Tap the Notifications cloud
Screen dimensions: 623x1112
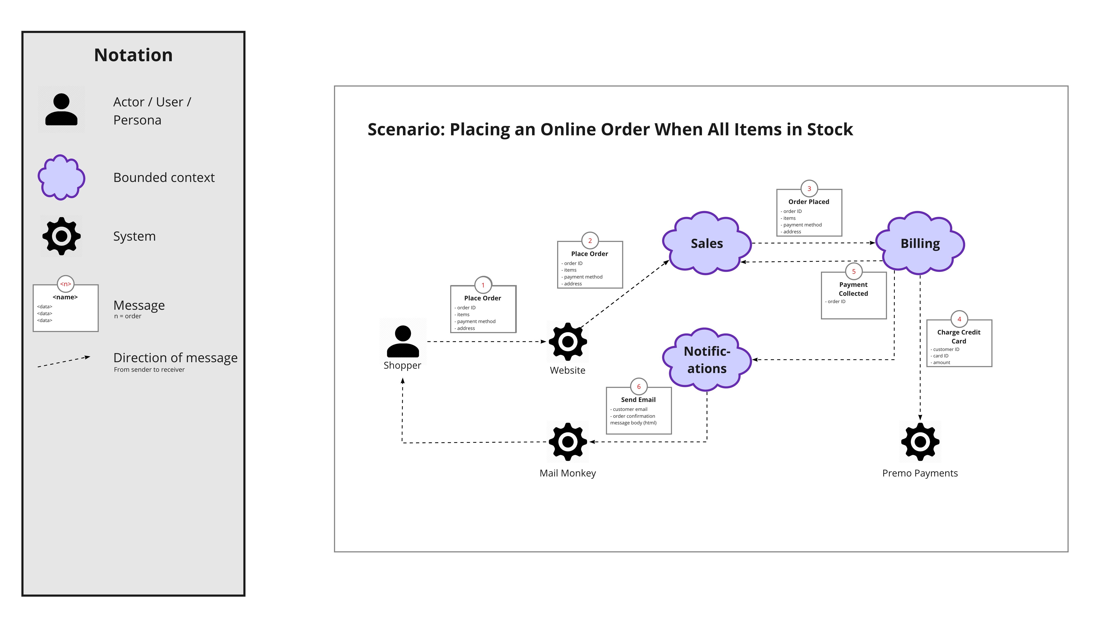(707, 359)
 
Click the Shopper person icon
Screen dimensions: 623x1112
(403, 341)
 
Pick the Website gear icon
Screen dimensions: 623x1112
(568, 342)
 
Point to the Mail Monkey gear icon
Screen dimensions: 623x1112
(568, 441)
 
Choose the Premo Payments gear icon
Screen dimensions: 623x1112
(920, 441)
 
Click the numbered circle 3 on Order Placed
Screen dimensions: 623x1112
(809, 189)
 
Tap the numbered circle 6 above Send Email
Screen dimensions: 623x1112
(638, 387)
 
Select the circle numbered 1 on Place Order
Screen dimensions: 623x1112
(483, 285)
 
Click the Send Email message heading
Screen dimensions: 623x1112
(638, 400)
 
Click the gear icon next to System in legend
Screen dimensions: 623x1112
(61, 236)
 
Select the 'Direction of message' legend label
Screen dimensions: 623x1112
(175, 358)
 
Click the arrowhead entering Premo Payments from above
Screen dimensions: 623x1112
(920, 417)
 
